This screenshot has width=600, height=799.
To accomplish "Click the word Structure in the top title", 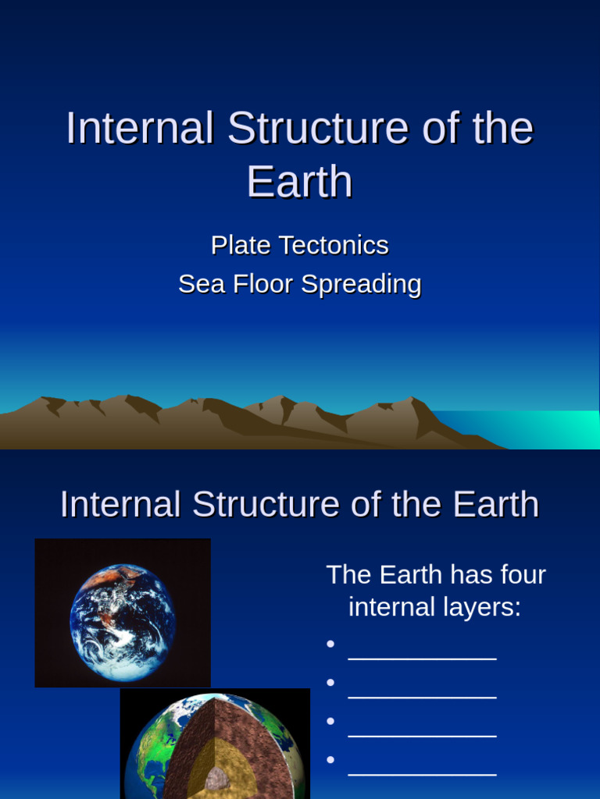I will coord(318,128).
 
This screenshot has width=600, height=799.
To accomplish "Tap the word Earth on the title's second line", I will coord(300,182).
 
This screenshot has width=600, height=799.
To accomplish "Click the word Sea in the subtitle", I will coord(198,284).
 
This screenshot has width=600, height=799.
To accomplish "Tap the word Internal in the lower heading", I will coord(122,505).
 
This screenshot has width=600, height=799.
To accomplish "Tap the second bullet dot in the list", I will coord(330,682).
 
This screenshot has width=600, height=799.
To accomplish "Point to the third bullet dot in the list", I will coord(330,720).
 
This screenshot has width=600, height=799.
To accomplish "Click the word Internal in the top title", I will coord(140,128).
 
